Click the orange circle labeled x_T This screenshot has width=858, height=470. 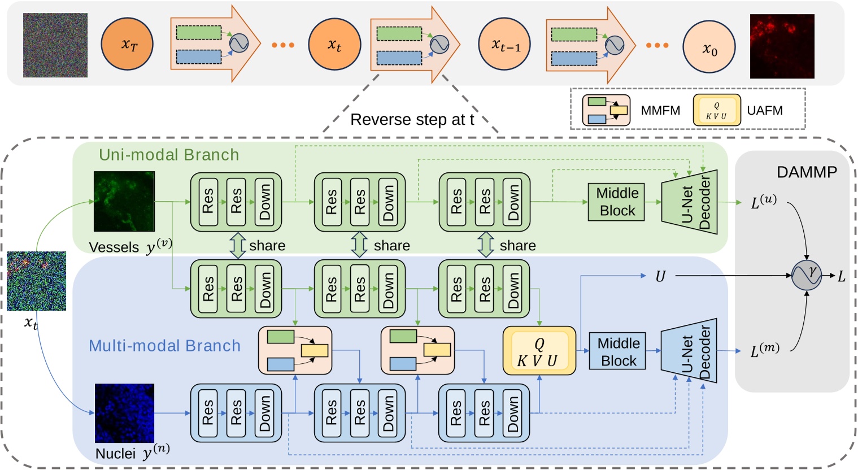(127, 44)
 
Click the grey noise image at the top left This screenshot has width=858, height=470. (55, 45)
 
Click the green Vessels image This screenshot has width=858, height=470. (124, 202)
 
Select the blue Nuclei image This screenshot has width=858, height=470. (124, 413)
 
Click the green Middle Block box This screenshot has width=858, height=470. (616, 202)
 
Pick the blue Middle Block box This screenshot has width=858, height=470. (617, 351)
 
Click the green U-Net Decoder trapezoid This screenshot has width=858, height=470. (689, 202)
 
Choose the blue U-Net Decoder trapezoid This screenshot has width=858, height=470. (689, 351)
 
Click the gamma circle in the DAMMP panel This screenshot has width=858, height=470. (807, 276)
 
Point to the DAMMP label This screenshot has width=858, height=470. (807, 172)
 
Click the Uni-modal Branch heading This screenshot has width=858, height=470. (169, 155)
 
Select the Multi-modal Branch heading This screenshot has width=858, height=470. (164, 346)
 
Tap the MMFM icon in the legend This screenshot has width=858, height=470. (606, 110)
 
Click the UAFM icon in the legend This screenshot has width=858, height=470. (717, 110)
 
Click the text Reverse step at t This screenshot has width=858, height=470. (412, 120)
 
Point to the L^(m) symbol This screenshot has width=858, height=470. (765, 351)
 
